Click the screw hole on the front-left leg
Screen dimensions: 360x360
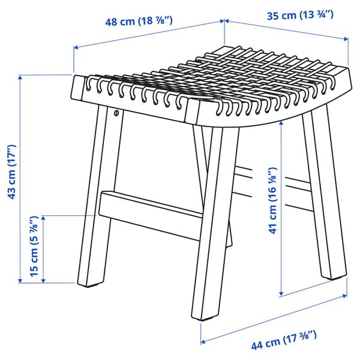tap(115, 112)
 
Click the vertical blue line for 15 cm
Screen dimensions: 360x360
tap(44, 248)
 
